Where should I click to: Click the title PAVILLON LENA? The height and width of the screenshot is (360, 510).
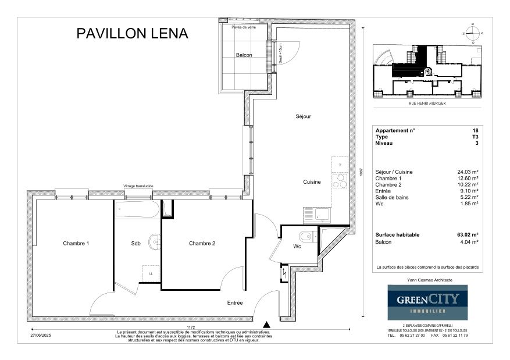[133, 34]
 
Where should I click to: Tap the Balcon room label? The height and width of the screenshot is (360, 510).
[244, 56]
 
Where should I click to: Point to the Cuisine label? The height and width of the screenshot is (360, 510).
[312, 182]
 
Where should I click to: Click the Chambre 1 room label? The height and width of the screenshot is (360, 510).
[76, 243]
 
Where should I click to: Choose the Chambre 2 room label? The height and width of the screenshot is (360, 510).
[202, 243]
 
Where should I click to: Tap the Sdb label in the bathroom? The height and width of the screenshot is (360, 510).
[135, 243]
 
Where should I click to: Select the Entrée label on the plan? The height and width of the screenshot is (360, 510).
[234, 303]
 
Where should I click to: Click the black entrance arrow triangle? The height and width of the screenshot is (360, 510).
[266, 324]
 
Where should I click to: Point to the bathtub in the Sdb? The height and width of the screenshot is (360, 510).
[137, 209]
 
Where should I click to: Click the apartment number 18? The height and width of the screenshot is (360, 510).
[475, 131]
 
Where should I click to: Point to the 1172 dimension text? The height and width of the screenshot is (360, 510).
[190, 327]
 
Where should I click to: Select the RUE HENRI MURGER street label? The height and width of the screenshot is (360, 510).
[427, 108]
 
